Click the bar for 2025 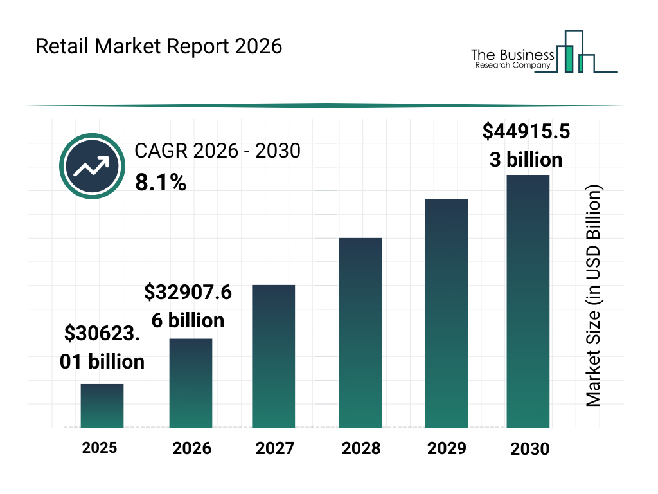(x=102, y=406)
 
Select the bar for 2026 (x=191, y=383)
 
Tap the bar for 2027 (x=274, y=356)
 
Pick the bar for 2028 (x=360, y=333)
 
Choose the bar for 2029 (x=447, y=314)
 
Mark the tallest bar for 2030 (x=528, y=302)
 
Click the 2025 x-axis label (x=100, y=447)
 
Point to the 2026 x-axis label (x=191, y=448)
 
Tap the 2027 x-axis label (x=274, y=448)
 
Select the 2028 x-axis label (x=360, y=448)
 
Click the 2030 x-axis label (x=530, y=449)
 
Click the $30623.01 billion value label (x=102, y=347)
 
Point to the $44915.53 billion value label (x=526, y=145)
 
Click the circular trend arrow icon (x=91, y=167)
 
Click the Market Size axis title (x=593, y=296)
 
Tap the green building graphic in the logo (x=567, y=58)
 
